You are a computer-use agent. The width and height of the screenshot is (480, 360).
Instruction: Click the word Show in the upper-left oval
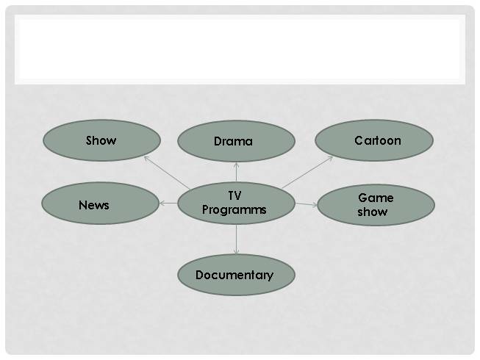pos(101,140)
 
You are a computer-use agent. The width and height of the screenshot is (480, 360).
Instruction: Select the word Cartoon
pos(377,140)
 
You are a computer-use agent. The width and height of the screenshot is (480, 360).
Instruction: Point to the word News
pos(93,205)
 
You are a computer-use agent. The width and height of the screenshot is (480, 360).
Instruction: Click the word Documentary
pos(234,276)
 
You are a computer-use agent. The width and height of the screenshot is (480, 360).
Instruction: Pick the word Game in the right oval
pos(376,198)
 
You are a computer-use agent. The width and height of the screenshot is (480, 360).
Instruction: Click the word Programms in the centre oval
pos(234,210)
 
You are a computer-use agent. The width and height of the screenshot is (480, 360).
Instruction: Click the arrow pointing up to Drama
pos(236,171)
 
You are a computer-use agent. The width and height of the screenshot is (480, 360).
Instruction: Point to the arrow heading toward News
pos(168,203)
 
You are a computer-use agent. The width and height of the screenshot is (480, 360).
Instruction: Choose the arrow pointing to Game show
pos(306,204)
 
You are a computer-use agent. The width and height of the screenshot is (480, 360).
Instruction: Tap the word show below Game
pos(373,212)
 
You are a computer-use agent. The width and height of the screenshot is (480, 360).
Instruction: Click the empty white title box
pos(240,48)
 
